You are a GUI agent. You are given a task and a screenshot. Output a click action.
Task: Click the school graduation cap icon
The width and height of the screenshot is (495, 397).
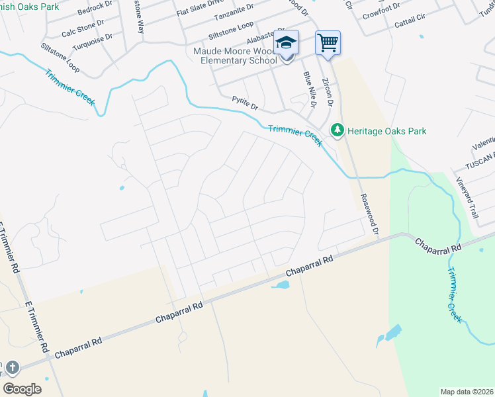[x=287, y=43]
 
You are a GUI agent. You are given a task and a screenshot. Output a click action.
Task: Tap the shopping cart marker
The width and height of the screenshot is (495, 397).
[x=328, y=43]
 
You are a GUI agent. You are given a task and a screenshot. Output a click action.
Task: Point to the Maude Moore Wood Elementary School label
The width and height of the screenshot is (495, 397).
[x=235, y=56]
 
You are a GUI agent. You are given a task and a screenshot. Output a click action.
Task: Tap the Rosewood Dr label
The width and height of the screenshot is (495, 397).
[x=369, y=214]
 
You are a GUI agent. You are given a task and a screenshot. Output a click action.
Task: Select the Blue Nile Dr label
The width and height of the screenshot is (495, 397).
[x=309, y=90]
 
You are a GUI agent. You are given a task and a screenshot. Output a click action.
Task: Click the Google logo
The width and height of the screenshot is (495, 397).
[x=22, y=388]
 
